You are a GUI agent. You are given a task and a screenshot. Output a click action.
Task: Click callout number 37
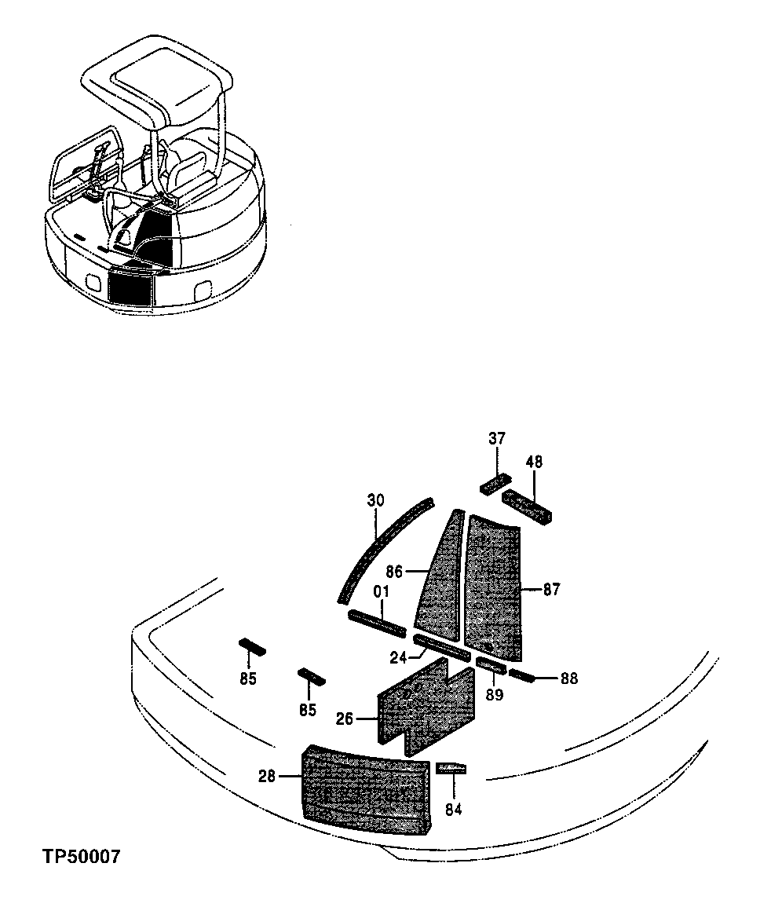coord(497,439)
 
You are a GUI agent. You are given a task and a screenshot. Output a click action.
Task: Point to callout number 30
coord(375,500)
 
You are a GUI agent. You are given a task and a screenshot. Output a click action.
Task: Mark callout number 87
coord(552,589)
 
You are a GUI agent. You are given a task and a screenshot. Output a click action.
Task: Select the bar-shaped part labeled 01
coord(377,624)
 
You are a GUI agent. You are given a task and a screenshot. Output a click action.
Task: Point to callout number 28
coord(267,777)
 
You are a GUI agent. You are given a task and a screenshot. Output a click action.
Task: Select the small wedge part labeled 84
coord(451,768)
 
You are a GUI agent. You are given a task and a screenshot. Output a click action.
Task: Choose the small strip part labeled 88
coord(522,675)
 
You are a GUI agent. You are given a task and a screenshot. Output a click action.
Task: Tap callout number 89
coord(494,694)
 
